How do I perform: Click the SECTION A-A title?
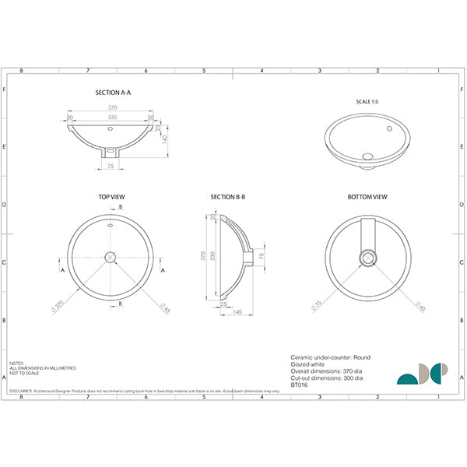(x=113, y=92)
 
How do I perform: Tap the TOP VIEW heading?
(x=112, y=198)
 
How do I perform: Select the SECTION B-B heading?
(x=228, y=198)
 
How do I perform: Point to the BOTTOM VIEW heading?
(x=367, y=198)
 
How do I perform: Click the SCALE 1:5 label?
(x=367, y=103)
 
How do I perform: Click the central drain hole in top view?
(x=112, y=256)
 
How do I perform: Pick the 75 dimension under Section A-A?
(x=111, y=166)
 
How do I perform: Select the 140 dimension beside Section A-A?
(x=165, y=139)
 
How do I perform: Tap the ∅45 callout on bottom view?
(x=420, y=308)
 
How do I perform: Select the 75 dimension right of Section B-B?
(x=262, y=255)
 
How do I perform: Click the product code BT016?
(x=299, y=383)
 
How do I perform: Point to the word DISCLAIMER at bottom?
(x=21, y=391)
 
